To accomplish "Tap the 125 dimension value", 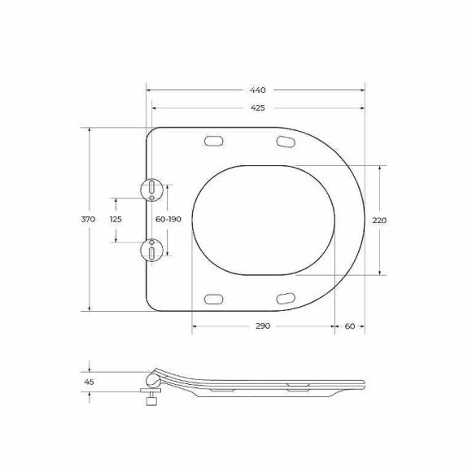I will tap(116, 220).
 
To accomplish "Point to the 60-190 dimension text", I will tap(168, 220).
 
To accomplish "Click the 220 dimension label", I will tap(379, 220).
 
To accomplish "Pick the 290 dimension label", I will tap(261, 326).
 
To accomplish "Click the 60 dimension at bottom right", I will tap(349, 326).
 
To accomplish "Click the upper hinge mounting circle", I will tap(151, 189).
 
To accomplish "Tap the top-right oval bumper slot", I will tap(286, 142).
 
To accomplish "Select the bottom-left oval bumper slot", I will tap(214, 298).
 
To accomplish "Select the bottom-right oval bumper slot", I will tap(286, 298).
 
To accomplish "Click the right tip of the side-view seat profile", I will tap(364, 382).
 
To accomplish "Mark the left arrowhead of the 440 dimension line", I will tap(148, 90).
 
